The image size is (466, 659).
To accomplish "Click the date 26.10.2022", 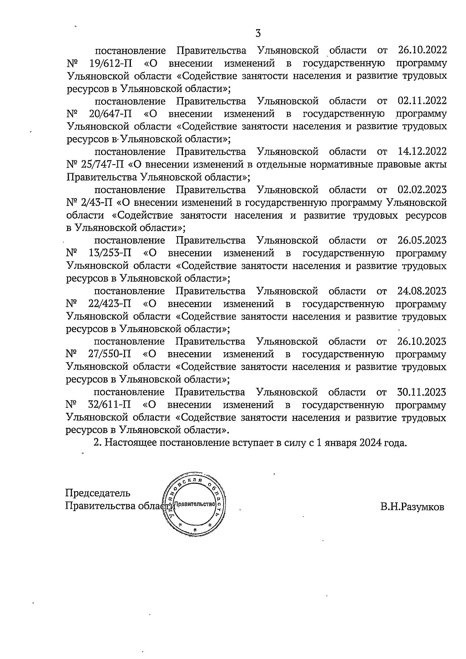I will pyautogui.click(x=422, y=50).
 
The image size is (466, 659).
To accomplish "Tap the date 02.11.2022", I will pyautogui.click(x=422, y=101).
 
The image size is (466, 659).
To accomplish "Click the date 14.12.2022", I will pyautogui.click(x=422, y=151).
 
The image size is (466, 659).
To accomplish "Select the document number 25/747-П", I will pyautogui.click(x=103, y=164).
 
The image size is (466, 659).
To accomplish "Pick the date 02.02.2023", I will pyautogui.click(x=422, y=190).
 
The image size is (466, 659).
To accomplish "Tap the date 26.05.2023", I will pyautogui.click(x=422, y=241).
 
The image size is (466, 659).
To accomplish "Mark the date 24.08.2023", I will pyautogui.click(x=422, y=291).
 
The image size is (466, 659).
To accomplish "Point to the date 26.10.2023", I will pyautogui.click(x=422, y=342).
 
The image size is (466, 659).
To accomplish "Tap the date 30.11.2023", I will pyautogui.click(x=422, y=392).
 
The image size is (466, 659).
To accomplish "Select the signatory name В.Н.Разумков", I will pyautogui.click(x=412, y=507).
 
